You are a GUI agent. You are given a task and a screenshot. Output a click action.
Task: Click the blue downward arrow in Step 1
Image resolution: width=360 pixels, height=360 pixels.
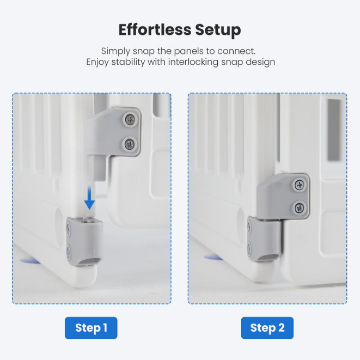[89, 197]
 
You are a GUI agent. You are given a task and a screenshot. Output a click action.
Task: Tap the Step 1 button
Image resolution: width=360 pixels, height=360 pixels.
[91, 328]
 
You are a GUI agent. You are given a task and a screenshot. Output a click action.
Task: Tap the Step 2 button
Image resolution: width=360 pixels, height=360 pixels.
[267, 328]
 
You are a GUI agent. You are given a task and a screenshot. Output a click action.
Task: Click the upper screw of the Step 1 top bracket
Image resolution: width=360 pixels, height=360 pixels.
[130, 119]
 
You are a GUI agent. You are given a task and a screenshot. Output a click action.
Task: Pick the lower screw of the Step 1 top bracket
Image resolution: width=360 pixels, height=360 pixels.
[129, 144]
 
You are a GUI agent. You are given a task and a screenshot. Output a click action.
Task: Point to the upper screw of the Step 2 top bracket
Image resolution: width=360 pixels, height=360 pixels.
[300, 185]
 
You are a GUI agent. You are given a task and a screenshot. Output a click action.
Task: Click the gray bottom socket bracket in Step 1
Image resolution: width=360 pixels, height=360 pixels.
[84, 242]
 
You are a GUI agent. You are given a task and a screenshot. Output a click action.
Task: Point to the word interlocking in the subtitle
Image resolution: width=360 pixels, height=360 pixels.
[193, 62]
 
